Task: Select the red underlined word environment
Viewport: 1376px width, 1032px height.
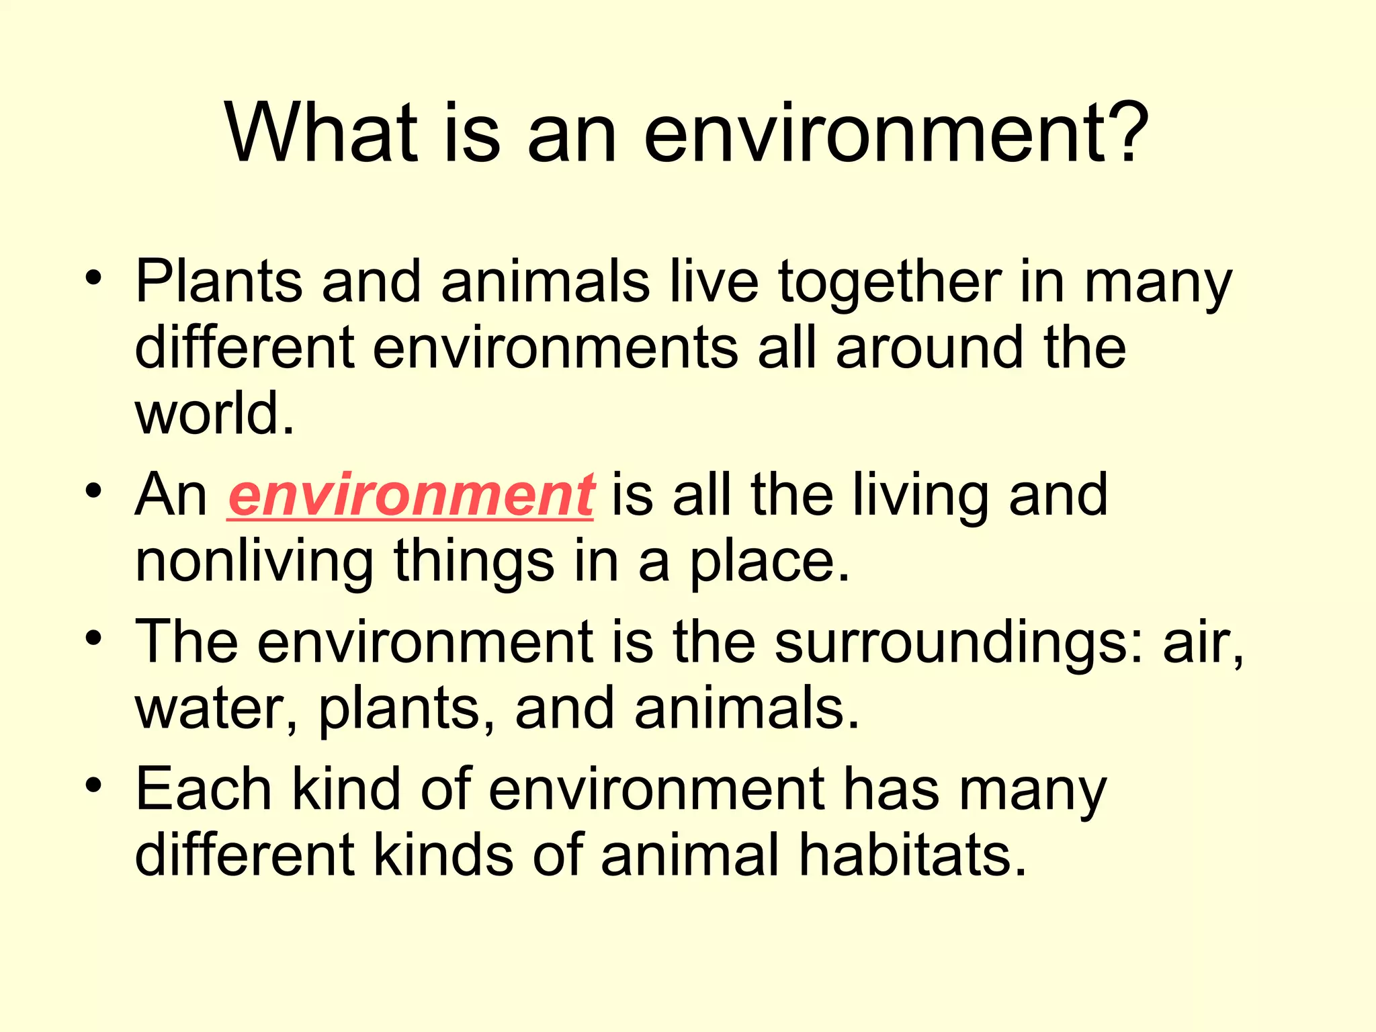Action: click(411, 496)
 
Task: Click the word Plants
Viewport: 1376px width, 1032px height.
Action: click(218, 282)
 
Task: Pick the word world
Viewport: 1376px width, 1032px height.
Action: click(214, 414)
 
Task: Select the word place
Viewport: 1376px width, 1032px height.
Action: click(770, 563)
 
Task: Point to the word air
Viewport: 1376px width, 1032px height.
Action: click(1203, 644)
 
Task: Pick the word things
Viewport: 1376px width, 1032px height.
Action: click(474, 563)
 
